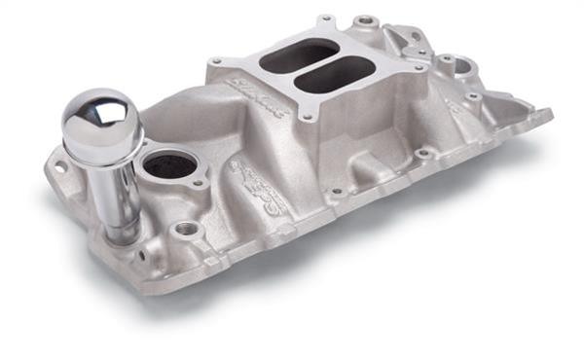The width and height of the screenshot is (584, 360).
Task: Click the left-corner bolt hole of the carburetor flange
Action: coord(215,62)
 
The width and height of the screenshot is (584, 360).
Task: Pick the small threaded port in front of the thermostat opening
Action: coord(186,229)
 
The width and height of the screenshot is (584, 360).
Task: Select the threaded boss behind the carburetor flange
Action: coord(367,20)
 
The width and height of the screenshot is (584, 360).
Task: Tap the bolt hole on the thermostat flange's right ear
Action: coord(200,181)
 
